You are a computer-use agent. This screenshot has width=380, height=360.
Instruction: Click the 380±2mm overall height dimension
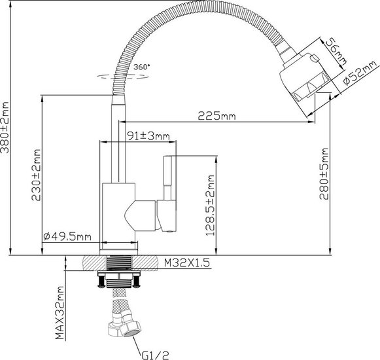tap(5, 128)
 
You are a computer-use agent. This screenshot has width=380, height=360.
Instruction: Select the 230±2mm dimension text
tap(36, 175)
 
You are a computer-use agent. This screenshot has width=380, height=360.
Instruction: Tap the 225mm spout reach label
tap(216, 116)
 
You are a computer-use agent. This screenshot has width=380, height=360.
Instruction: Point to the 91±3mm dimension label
tap(148, 136)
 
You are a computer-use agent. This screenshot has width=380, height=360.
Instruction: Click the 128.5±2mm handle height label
tap(210, 206)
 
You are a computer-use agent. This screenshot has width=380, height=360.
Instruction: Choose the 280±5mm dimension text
tap(324, 173)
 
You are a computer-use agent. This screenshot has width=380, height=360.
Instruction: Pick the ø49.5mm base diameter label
tap(67, 236)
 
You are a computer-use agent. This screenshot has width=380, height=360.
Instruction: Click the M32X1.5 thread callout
tap(187, 262)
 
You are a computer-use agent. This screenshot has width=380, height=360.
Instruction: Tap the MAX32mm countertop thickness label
tap(60, 313)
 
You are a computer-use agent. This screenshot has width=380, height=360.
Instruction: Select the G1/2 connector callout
tap(155, 355)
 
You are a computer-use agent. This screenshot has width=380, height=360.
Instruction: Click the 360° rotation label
tap(142, 67)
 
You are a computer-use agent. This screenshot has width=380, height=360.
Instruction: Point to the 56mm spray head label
tap(336, 52)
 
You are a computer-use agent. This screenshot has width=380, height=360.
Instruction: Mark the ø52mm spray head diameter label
tap(360, 72)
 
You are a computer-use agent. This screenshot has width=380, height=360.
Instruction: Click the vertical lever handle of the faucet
tap(167, 178)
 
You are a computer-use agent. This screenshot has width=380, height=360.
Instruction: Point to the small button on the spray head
tap(315, 58)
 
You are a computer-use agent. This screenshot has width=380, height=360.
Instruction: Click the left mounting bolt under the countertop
tap(102, 280)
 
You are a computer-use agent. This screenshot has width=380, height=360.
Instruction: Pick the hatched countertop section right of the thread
tap(145, 263)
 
